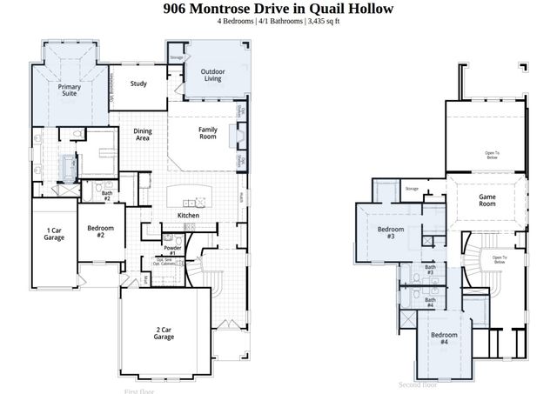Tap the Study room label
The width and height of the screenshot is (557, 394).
(138, 84)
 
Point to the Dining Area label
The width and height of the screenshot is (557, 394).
(143, 135)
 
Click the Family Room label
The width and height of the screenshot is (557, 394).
(207, 133)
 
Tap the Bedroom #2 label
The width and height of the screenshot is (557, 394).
(101, 231)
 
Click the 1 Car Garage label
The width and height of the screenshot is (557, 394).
(54, 233)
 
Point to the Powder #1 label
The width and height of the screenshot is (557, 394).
(172, 250)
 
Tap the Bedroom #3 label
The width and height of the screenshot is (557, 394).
(386, 232)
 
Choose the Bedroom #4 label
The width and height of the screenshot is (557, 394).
(444, 338)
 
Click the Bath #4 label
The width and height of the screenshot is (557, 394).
(430, 303)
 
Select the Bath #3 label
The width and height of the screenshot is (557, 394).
(430, 270)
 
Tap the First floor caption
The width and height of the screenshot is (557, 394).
(140, 391)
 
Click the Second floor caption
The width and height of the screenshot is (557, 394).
(418, 384)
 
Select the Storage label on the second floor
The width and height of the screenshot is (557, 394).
(412, 188)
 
